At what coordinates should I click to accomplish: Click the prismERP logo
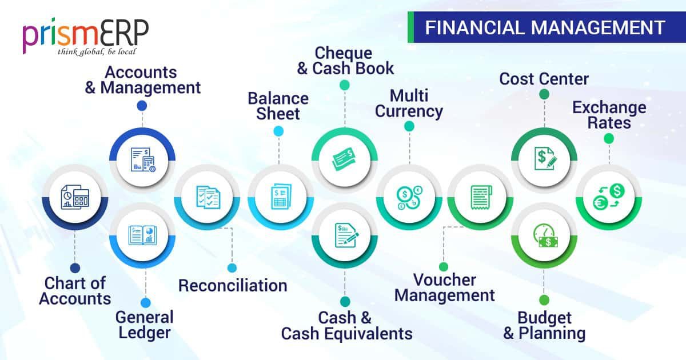click(x=85, y=35)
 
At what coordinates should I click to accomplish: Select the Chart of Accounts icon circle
click(x=75, y=197)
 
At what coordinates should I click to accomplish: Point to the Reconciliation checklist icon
click(x=207, y=197)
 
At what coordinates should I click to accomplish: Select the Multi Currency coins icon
click(x=409, y=197)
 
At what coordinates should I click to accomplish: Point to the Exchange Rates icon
click(x=608, y=197)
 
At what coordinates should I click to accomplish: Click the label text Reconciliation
click(x=232, y=285)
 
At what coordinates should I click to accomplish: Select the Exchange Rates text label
click(x=609, y=115)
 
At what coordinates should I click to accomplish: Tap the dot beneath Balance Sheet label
click(x=278, y=131)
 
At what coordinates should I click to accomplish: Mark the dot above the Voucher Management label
click(x=444, y=266)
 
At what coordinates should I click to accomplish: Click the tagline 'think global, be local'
click(x=96, y=52)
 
